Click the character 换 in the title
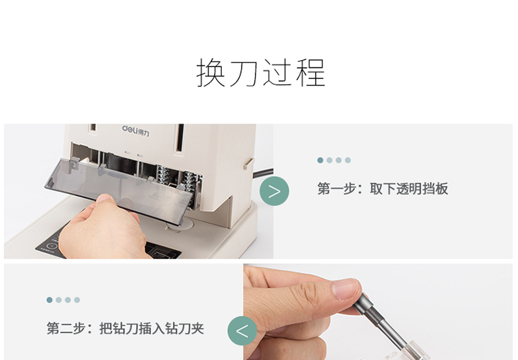tap(211, 73)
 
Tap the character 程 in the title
tap(311, 73)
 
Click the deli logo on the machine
tap(136, 130)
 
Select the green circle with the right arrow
tap(274, 191)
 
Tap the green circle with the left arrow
tap(242, 331)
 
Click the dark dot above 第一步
tap(320, 160)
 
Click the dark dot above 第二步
tap(50, 300)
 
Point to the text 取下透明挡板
tap(409, 189)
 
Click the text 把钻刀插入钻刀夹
tap(152, 328)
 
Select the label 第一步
tap(337, 189)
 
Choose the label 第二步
tap(66, 328)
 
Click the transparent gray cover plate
tap(119, 189)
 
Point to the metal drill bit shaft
tap(384, 323)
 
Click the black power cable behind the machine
tap(263, 173)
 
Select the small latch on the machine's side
tap(249, 164)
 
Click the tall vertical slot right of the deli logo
tap(180, 138)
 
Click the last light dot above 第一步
tap(348, 160)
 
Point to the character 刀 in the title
tap(244, 73)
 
